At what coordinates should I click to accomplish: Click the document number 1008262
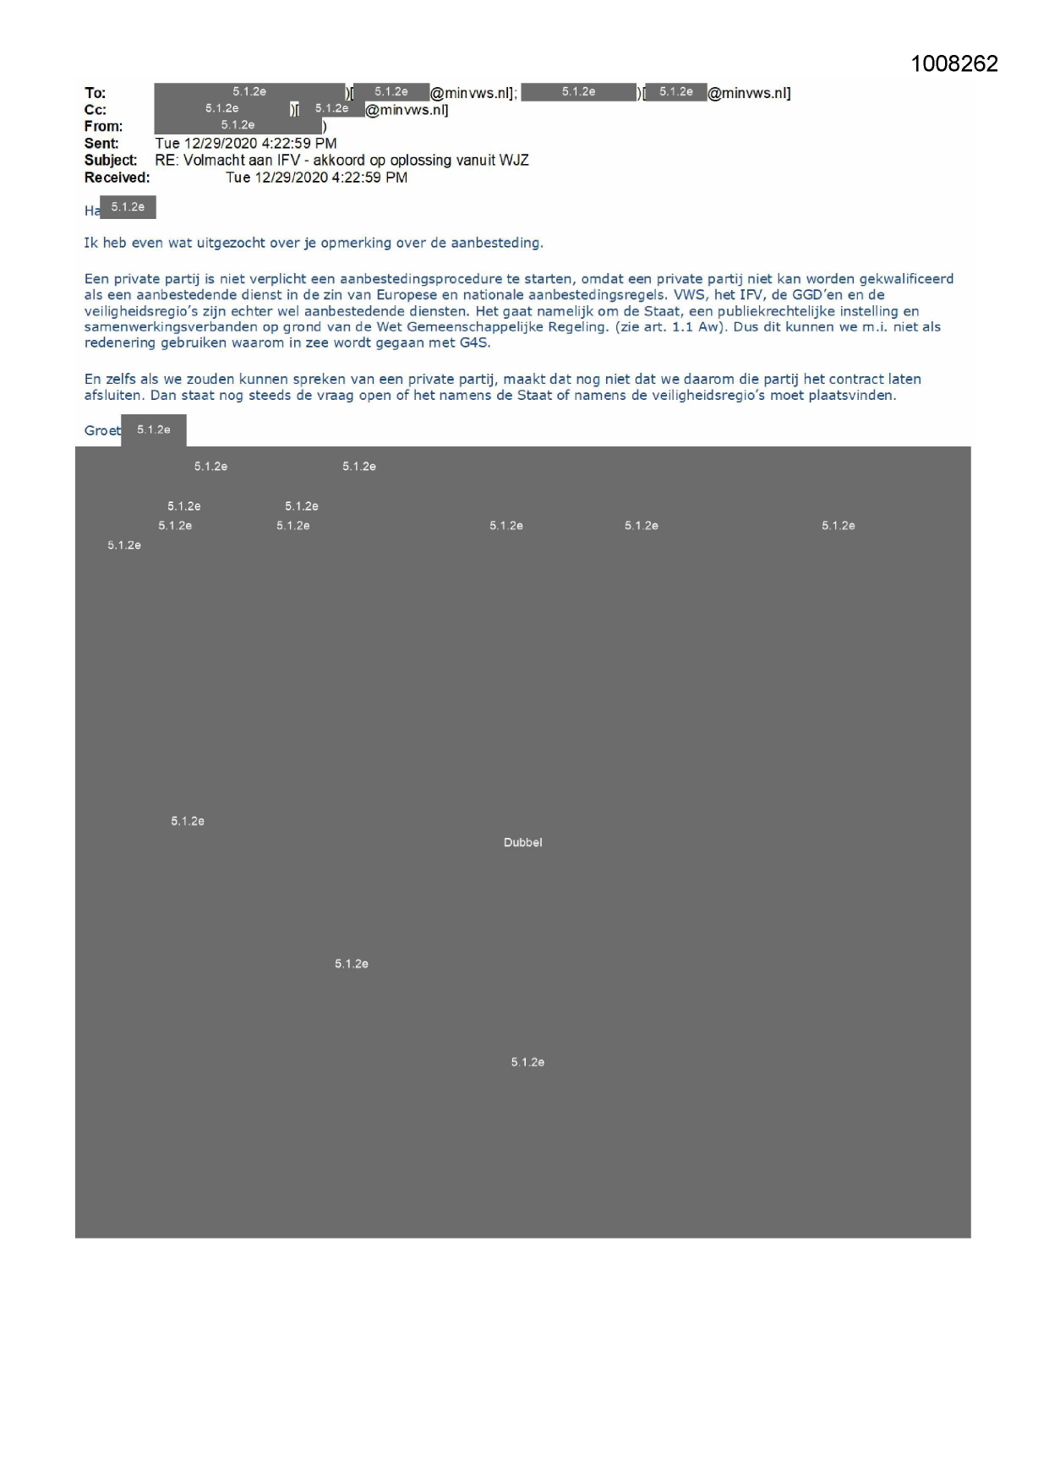pyautogui.click(x=953, y=64)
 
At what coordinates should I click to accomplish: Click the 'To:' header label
pyautogui.click(x=95, y=93)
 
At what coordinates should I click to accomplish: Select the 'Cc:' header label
pyautogui.click(x=95, y=110)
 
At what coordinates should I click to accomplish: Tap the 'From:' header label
pyautogui.click(x=103, y=127)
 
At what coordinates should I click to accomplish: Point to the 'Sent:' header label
pyautogui.click(x=101, y=144)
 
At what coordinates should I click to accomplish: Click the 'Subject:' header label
pyautogui.click(x=110, y=161)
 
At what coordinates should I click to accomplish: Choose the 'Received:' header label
pyautogui.click(x=117, y=178)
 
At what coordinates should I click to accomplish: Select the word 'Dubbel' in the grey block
pyautogui.click(x=522, y=842)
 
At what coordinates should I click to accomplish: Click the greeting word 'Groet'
pyautogui.click(x=101, y=430)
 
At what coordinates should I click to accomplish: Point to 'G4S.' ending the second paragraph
pyautogui.click(x=475, y=343)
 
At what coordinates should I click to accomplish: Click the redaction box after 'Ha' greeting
pyautogui.click(x=128, y=207)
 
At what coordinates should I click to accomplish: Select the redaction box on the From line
pyautogui.click(x=238, y=126)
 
